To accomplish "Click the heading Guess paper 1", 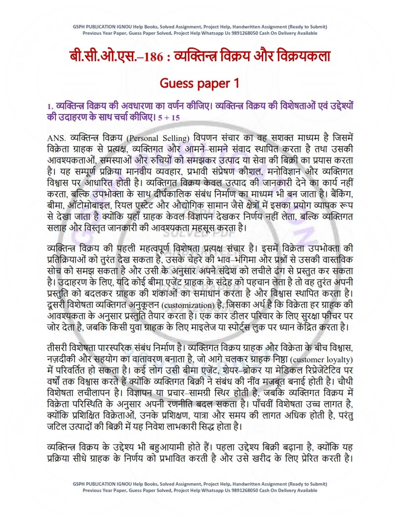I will click(200, 83).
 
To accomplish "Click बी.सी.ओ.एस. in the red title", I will click(97, 56).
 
